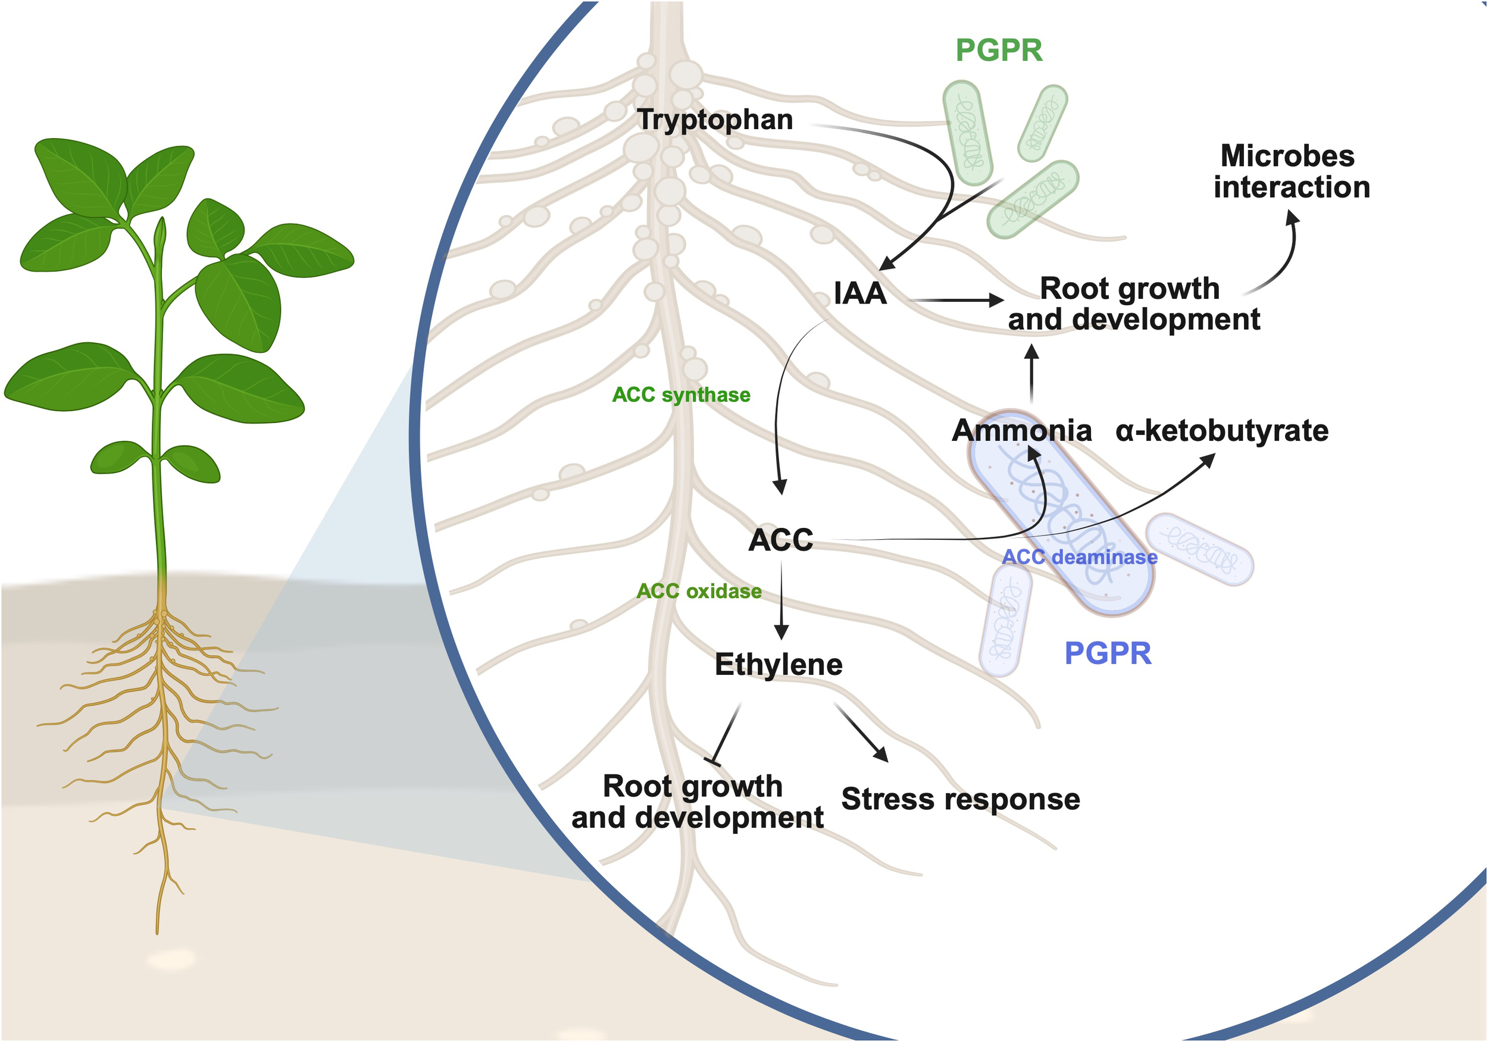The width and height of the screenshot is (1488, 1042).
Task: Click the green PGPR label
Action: pos(999,51)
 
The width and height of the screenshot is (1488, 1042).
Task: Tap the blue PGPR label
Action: pos(1108,653)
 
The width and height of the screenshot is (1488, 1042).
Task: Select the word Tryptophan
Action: pos(714,120)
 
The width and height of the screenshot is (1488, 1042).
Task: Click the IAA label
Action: pos(859,293)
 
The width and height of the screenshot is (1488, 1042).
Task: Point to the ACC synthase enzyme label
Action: pos(680,395)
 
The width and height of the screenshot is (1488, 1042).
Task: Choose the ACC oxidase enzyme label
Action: pos(699,591)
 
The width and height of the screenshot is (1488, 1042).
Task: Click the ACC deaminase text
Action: pos(1079,556)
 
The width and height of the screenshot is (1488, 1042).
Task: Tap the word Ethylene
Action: pos(779,665)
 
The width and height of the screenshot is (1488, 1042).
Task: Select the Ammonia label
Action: pos(1021,431)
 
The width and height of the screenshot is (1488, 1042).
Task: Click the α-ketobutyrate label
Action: pos(1221,431)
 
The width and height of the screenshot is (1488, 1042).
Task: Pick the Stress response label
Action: pos(960,799)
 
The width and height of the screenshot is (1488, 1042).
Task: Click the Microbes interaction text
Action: pos(1291,172)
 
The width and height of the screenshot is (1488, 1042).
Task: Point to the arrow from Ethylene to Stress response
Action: pos(860,732)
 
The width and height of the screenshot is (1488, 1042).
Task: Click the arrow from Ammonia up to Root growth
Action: pos(1031,374)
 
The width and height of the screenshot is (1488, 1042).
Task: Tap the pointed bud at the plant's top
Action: pos(160,233)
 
